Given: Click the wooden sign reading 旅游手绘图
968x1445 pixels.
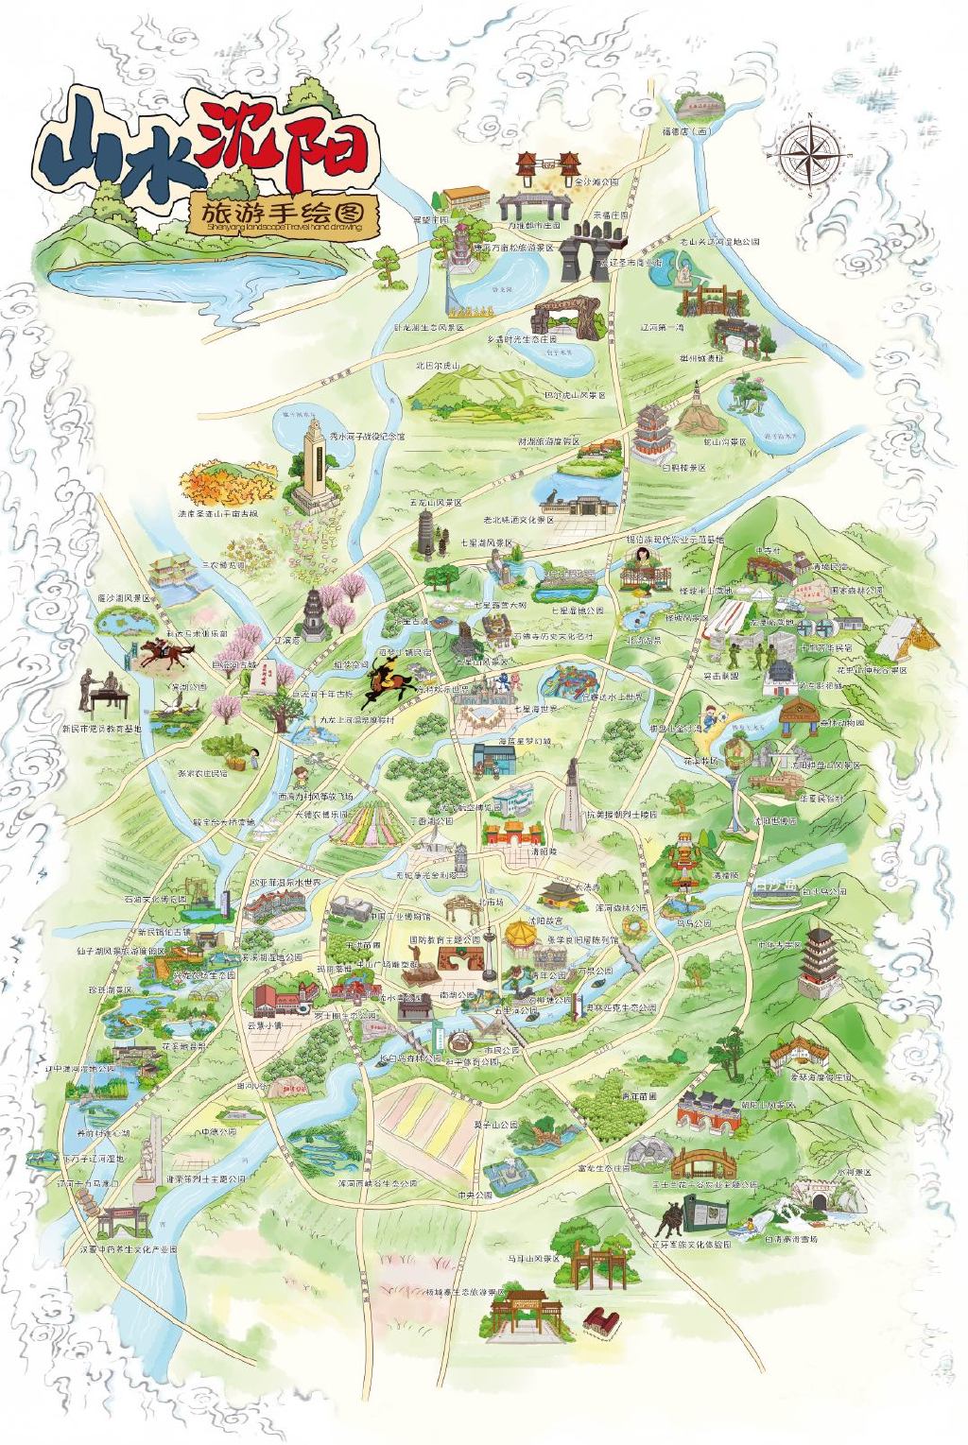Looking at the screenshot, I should pyautogui.click(x=284, y=215).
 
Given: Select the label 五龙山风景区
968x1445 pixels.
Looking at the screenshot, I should pyautogui.click(x=436, y=504).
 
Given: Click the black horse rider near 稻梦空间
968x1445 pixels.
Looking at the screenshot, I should pyautogui.click(x=387, y=676).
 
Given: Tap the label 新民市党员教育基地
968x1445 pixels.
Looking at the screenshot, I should pyautogui.click(x=101, y=729).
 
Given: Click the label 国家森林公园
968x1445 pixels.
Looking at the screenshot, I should pyautogui.click(x=856, y=589).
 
